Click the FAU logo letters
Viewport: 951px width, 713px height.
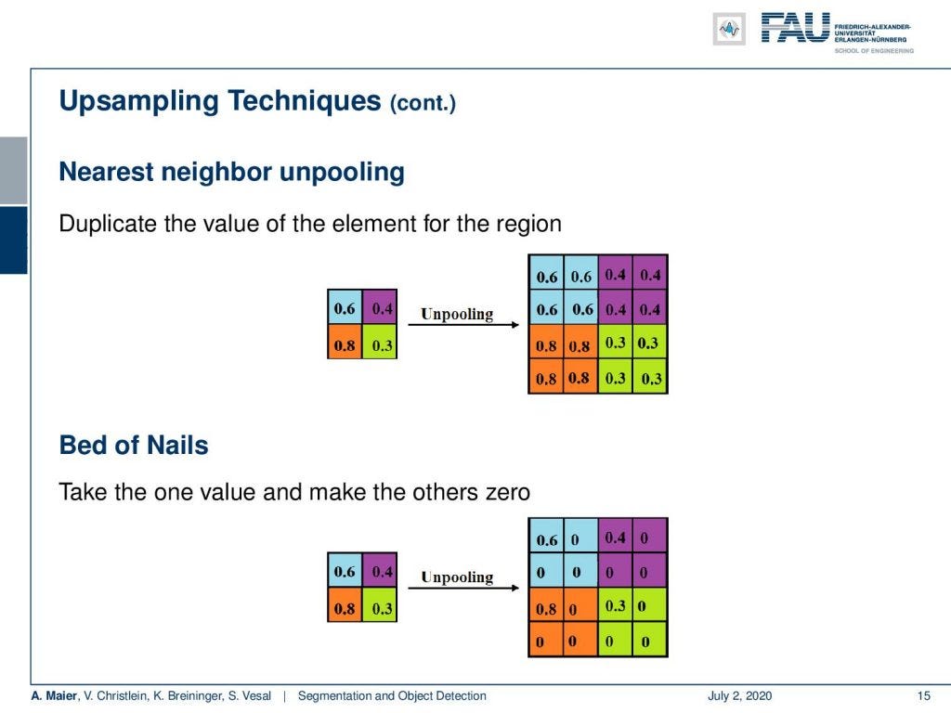click(x=795, y=27)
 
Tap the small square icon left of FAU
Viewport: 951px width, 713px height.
click(x=729, y=29)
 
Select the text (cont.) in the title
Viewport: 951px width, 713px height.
click(x=423, y=102)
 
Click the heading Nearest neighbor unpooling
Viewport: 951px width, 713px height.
click(x=231, y=172)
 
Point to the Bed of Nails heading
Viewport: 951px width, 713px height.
click(x=134, y=445)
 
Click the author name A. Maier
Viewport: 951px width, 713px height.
click(x=51, y=695)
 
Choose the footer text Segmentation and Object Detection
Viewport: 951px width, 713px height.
click(x=391, y=695)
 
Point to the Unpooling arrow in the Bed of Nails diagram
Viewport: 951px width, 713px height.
click(x=456, y=587)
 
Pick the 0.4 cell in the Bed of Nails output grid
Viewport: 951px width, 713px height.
click(x=615, y=537)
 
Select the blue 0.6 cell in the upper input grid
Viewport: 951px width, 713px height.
click(x=345, y=307)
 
